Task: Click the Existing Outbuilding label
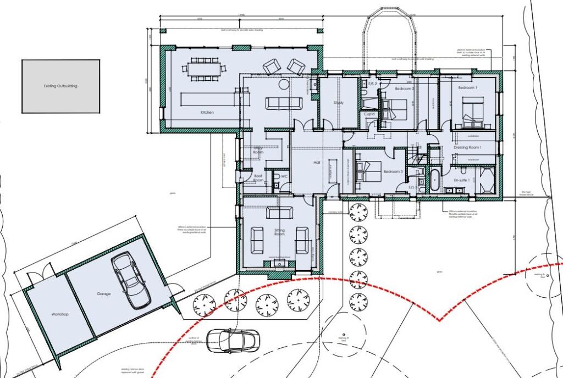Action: click(x=60, y=86)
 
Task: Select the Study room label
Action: click(x=339, y=103)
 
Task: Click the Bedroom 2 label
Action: click(x=405, y=88)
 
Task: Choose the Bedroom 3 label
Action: click(x=393, y=171)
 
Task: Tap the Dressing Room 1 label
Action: click(x=467, y=147)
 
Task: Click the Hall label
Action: click(x=317, y=163)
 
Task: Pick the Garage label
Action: click(x=104, y=294)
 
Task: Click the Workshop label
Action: click(x=59, y=314)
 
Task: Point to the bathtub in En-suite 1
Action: click(x=434, y=182)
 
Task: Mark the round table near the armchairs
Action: click(x=284, y=85)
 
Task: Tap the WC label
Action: click(x=284, y=176)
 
